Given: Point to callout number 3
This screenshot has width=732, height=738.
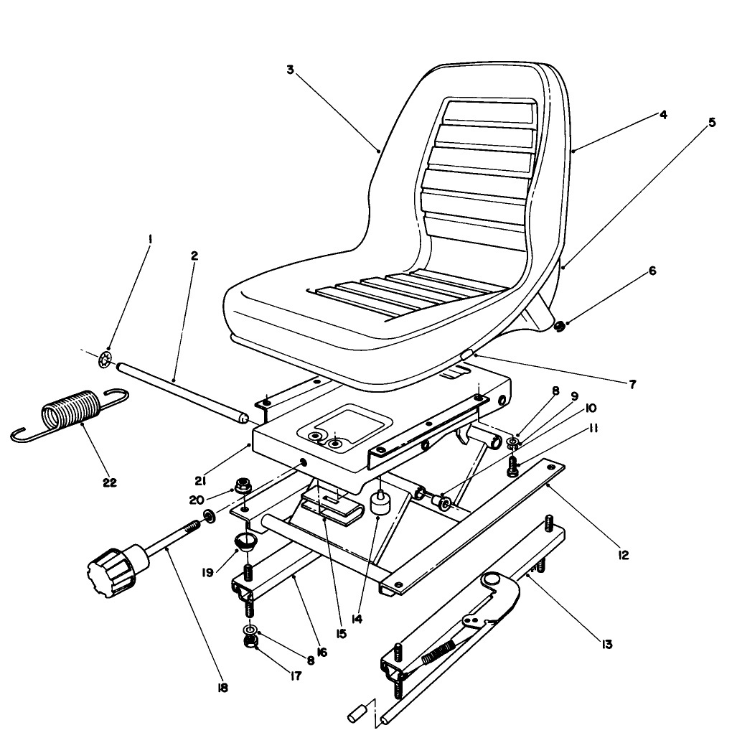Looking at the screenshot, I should (289, 70).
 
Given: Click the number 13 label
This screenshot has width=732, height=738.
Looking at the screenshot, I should (606, 644).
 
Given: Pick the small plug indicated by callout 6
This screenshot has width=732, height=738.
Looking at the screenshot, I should (558, 328).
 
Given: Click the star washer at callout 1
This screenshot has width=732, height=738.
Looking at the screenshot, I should (105, 360).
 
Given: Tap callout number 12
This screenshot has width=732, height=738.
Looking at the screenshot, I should (624, 555).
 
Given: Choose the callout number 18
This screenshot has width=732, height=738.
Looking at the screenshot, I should (222, 687).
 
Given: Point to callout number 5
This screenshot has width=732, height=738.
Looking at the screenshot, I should (711, 122).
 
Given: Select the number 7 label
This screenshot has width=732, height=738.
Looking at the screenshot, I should (632, 384).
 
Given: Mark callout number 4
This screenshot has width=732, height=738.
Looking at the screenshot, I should (662, 114).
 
